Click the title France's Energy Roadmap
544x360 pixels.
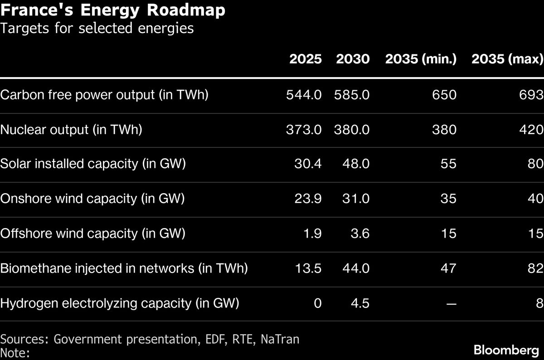pyautogui.click(x=112, y=10)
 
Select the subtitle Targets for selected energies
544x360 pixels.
pyautogui.click(x=97, y=29)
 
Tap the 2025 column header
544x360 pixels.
pyautogui.click(x=306, y=59)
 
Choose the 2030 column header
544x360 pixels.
pyautogui.click(x=353, y=59)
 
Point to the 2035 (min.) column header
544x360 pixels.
pyautogui.click(x=421, y=59)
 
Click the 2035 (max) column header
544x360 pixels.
pyautogui.click(x=507, y=59)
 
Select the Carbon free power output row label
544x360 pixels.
pyautogui.click(x=104, y=95)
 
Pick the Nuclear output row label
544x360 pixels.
pyautogui.click(x=71, y=130)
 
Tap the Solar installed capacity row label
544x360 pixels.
pyautogui.click(x=93, y=164)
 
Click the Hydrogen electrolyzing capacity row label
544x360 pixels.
pyautogui.click(x=119, y=303)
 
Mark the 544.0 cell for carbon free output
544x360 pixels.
pyautogui.click(x=304, y=95)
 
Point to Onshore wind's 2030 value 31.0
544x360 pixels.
pyautogui.click(x=355, y=199)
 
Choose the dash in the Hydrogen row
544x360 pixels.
pyautogui.click(x=451, y=303)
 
